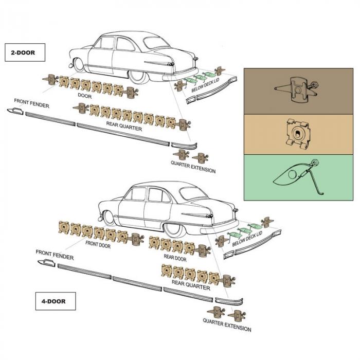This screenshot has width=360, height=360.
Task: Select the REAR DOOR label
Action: (175, 256)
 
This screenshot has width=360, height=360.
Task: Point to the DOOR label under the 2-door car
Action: (85, 96)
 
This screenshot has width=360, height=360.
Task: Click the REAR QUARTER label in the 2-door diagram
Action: (124, 125)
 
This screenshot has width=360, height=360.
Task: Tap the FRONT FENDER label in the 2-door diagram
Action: (32, 103)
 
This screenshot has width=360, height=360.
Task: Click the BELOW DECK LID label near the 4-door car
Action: (247, 238)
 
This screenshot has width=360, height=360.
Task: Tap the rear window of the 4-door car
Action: (193, 194)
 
